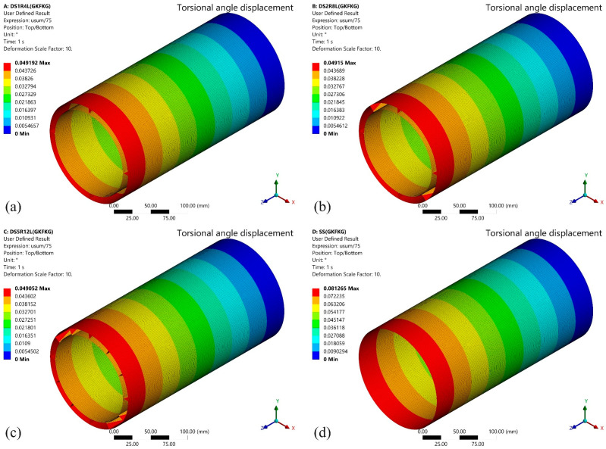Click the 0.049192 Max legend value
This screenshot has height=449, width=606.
33,63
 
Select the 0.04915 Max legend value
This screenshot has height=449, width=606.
340,63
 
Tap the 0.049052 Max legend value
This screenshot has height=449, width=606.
33,288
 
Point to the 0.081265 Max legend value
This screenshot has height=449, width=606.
341,288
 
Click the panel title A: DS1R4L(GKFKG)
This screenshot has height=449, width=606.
27,6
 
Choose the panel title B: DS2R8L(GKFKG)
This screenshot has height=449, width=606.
335,6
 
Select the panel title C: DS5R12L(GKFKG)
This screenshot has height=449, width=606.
28,232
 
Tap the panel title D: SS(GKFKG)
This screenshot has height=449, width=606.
329,232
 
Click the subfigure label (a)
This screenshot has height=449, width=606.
14,207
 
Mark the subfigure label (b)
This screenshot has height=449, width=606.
322,207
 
